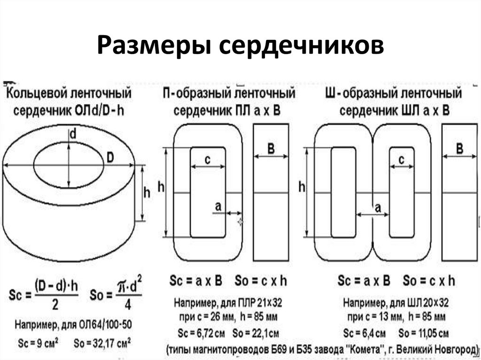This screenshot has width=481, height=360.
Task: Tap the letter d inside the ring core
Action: tap(72, 135)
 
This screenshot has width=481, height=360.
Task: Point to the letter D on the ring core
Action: tap(110, 158)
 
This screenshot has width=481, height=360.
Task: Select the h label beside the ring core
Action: tap(147, 192)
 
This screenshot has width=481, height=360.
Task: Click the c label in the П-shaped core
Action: tap(208, 160)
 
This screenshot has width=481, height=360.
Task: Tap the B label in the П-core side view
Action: tap(271, 149)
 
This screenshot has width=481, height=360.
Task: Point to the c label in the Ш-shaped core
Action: tap(401, 160)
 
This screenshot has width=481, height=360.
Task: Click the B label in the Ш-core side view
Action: tap(459, 149)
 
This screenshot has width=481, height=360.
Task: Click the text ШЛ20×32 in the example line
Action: tap(423, 301)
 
